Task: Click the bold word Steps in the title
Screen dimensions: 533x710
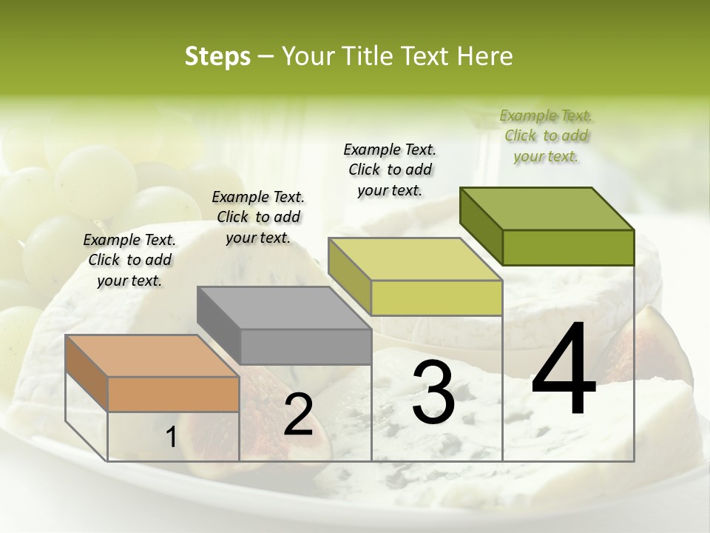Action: (x=217, y=56)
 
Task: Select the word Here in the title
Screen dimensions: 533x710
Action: (x=486, y=56)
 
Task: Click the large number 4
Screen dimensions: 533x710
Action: (x=564, y=370)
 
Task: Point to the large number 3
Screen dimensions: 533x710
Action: (x=433, y=392)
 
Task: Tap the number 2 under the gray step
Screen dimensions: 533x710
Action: (x=298, y=415)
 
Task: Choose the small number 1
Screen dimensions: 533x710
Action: (x=172, y=438)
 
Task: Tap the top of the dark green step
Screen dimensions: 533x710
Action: (x=547, y=209)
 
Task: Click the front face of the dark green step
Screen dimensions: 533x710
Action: (x=568, y=247)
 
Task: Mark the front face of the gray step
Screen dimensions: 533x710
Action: (x=305, y=346)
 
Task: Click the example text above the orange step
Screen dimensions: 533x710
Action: (x=129, y=260)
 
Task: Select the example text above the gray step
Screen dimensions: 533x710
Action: (x=258, y=217)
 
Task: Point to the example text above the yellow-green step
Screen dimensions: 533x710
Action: (x=390, y=170)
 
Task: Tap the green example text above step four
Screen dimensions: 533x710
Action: (x=546, y=135)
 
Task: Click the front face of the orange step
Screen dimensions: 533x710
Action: (x=173, y=394)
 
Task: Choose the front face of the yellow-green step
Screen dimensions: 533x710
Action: (x=436, y=298)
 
